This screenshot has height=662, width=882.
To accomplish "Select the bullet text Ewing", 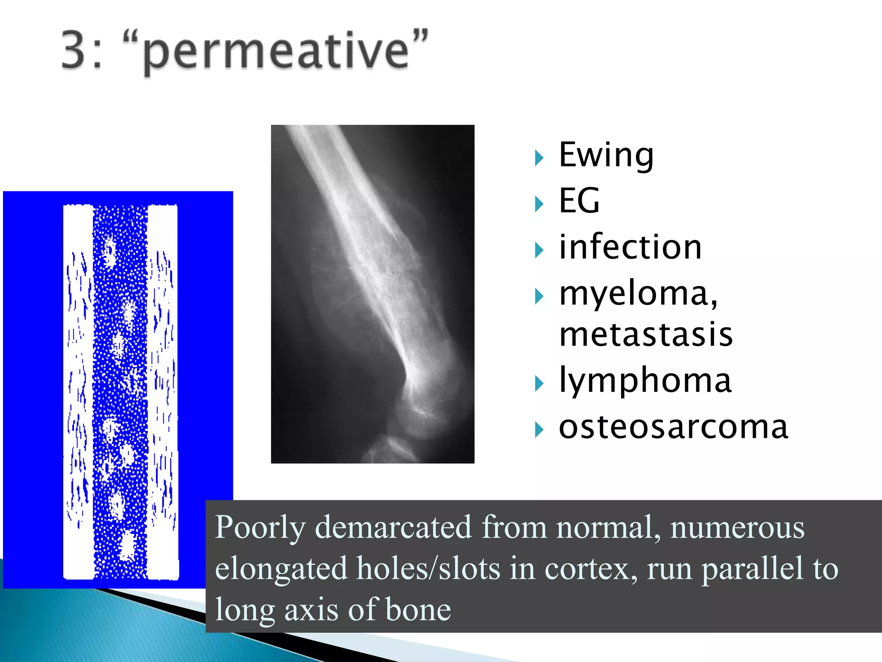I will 606,155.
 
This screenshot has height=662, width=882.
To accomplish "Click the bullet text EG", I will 579,201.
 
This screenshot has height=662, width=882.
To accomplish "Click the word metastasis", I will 646,335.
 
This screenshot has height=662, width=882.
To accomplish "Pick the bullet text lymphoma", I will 645,381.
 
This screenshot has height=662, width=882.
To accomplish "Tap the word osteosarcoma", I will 673,428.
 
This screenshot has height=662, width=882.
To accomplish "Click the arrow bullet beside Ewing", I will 539,158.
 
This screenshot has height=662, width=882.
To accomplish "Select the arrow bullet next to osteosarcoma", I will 539,430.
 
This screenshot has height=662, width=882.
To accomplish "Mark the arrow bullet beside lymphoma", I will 539,384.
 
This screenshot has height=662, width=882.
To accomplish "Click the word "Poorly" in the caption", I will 260,528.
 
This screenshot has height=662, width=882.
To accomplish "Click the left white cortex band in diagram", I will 78,388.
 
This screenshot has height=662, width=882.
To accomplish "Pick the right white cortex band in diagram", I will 163,388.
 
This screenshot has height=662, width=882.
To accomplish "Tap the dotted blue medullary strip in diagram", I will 120,388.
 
